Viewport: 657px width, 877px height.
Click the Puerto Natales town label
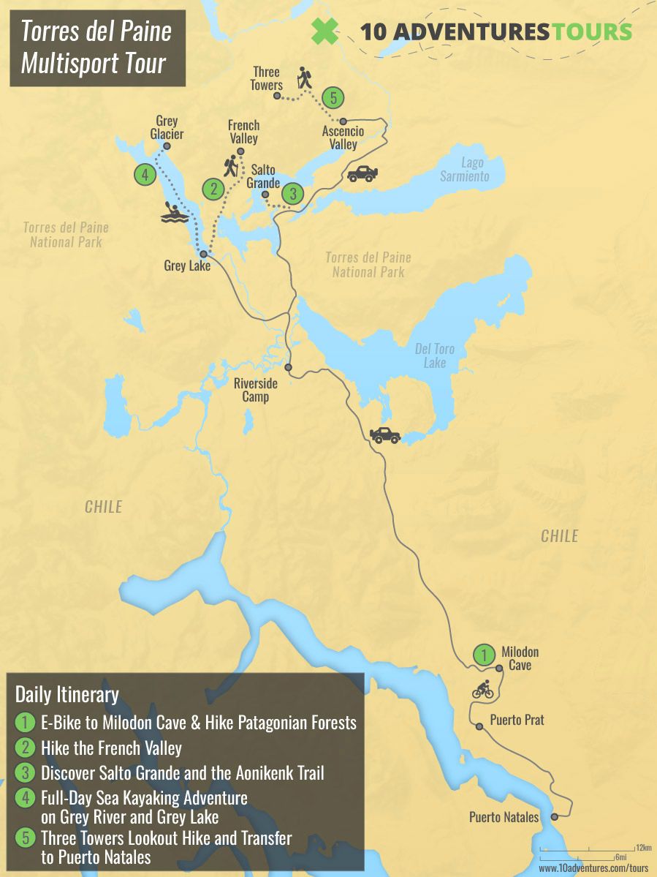tap(504, 817)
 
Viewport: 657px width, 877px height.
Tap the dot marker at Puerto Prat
tap(479, 726)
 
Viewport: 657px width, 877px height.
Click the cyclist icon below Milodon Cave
tap(483, 689)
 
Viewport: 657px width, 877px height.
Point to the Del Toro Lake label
tap(435, 356)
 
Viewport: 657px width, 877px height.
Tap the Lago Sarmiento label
tap(464, 170)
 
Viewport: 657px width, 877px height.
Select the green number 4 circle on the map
tap(145, 175)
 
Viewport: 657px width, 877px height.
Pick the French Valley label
tap(243, 132)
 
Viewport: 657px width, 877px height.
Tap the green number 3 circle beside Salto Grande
tap(293, 194)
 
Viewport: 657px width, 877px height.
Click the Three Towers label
tap(267, 79)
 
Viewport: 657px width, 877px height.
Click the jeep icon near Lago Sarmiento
tap(362, 173)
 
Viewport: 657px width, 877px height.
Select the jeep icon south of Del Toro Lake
tap(385, 435)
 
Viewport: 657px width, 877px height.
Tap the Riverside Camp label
tap(251, 390)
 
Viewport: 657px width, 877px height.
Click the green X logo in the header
tap(325, 31)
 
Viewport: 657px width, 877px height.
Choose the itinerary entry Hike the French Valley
tap(111, 748)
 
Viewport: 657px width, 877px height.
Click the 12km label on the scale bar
tap(643, 847)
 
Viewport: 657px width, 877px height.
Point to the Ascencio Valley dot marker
tap(342, 121)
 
